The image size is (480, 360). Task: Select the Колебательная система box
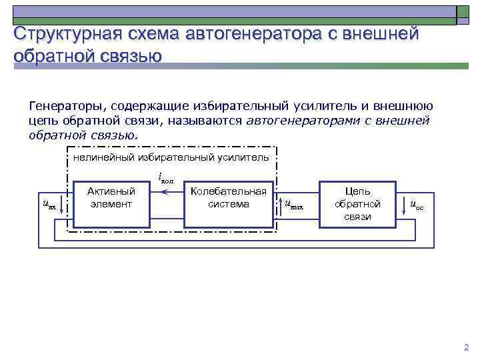pyautogui.click(x=228, y=197)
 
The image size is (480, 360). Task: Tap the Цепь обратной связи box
pyautogui.click(x=357, y=204)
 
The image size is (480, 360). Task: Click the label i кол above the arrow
pyautogui.click(x=166, y=178)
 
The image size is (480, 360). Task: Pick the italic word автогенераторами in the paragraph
pyautogui.click(x=296, y=121)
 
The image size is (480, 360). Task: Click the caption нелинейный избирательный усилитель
pyautogui.click(x=171, y=157)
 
